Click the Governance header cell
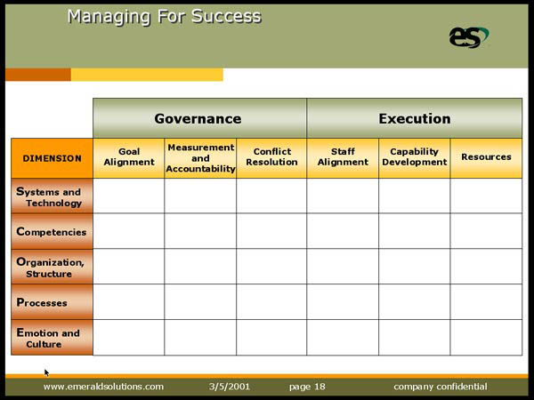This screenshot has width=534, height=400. point(199,118)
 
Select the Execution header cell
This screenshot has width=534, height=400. point(415,118)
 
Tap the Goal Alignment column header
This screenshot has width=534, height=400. point(129,158)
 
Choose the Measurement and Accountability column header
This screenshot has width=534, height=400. point(200,158)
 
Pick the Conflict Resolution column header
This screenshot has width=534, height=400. point(271,158)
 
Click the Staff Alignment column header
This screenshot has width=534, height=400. point(343,158)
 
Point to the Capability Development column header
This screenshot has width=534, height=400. point(415,158)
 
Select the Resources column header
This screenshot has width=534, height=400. point(486,158)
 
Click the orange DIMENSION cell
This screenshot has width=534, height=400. point(53,158)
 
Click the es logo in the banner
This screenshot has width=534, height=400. point(469,37)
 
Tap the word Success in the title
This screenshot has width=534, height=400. point(226,16)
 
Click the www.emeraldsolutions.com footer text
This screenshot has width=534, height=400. point(103,387)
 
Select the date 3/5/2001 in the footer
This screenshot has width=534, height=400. point(230,387)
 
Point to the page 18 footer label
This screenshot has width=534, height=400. point(307,387)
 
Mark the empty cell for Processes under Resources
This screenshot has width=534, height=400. point(486,302)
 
